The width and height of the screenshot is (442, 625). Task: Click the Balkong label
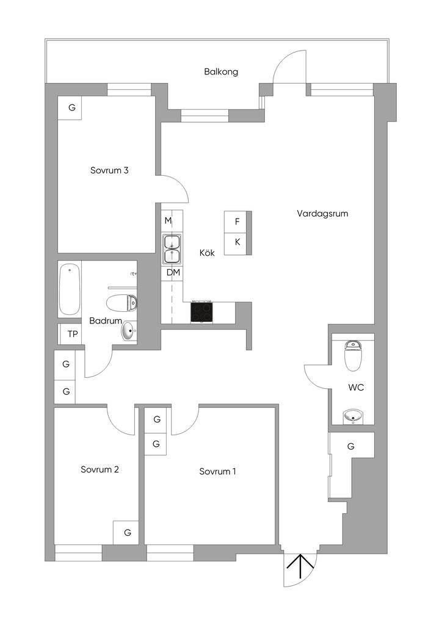click(221, 72)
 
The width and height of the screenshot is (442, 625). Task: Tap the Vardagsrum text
click(322, 214)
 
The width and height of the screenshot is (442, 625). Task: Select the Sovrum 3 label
click(109, 171)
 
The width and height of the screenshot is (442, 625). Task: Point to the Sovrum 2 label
click(100, 469)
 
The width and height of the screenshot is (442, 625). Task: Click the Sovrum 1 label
click(217, 471)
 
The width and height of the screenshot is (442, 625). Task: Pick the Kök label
click(207, 252)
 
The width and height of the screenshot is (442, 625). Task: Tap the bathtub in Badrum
click(70, 289)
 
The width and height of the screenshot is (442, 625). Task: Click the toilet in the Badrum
click(122, 302)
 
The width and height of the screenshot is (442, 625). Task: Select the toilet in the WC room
click(353, 356)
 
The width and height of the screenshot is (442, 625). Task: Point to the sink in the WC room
click(352, 417)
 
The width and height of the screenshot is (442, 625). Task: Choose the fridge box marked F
click(237, 222)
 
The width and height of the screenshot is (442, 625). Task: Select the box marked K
click(237, 242)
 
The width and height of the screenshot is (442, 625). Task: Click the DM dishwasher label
click(173, 272)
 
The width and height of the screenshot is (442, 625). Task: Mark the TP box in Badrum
click(73, 334)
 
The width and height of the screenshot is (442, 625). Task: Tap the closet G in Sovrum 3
click(72, 108)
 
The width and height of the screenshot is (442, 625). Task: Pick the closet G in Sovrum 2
click(128, 532)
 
